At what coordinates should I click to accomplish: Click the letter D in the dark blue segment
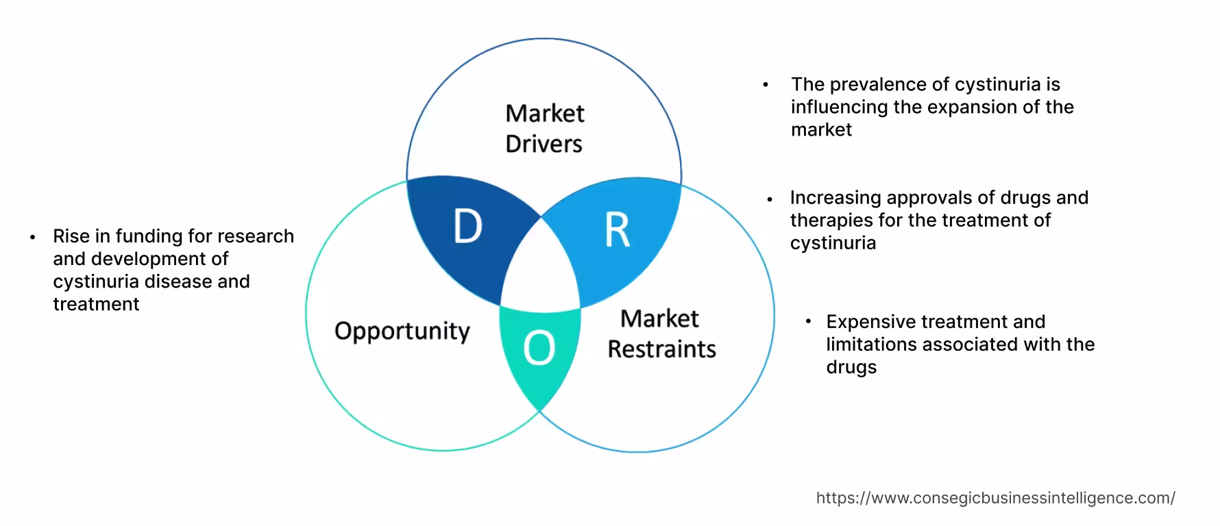468,226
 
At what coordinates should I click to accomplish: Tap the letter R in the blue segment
617,230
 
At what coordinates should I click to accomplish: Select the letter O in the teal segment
539,348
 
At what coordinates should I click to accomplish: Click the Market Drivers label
544,128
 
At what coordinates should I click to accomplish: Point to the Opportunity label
402,331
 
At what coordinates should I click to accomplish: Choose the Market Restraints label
661,334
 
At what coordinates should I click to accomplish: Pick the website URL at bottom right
995,498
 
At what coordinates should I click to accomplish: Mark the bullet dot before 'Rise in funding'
32,237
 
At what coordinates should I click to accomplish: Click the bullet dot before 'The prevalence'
766,86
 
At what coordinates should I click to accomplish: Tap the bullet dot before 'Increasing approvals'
770,199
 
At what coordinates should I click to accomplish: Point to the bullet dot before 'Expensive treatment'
809,321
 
